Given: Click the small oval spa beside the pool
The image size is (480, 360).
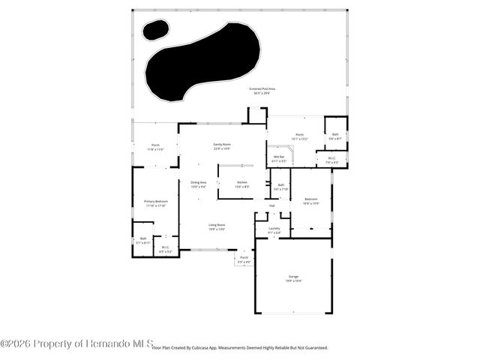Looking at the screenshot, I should point(156,30).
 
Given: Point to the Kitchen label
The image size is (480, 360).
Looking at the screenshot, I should point(242,184).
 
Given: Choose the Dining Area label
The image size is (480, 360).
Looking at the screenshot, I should point(198,184).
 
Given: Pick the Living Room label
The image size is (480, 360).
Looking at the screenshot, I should point(217,226).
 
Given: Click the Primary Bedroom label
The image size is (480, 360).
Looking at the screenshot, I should point(155,203).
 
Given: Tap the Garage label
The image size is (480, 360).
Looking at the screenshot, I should point(293,278).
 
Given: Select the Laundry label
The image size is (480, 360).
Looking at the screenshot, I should point(274,230).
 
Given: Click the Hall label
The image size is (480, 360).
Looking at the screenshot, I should point(272,205).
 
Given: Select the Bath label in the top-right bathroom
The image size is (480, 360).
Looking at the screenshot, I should point(335,136).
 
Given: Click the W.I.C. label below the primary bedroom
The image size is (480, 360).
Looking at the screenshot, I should point(165,250).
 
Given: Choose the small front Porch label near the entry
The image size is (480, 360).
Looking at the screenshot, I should point(244,259).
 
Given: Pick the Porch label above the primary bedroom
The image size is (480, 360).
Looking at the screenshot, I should point(155,147).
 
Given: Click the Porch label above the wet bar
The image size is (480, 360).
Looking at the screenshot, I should point(299,136).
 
